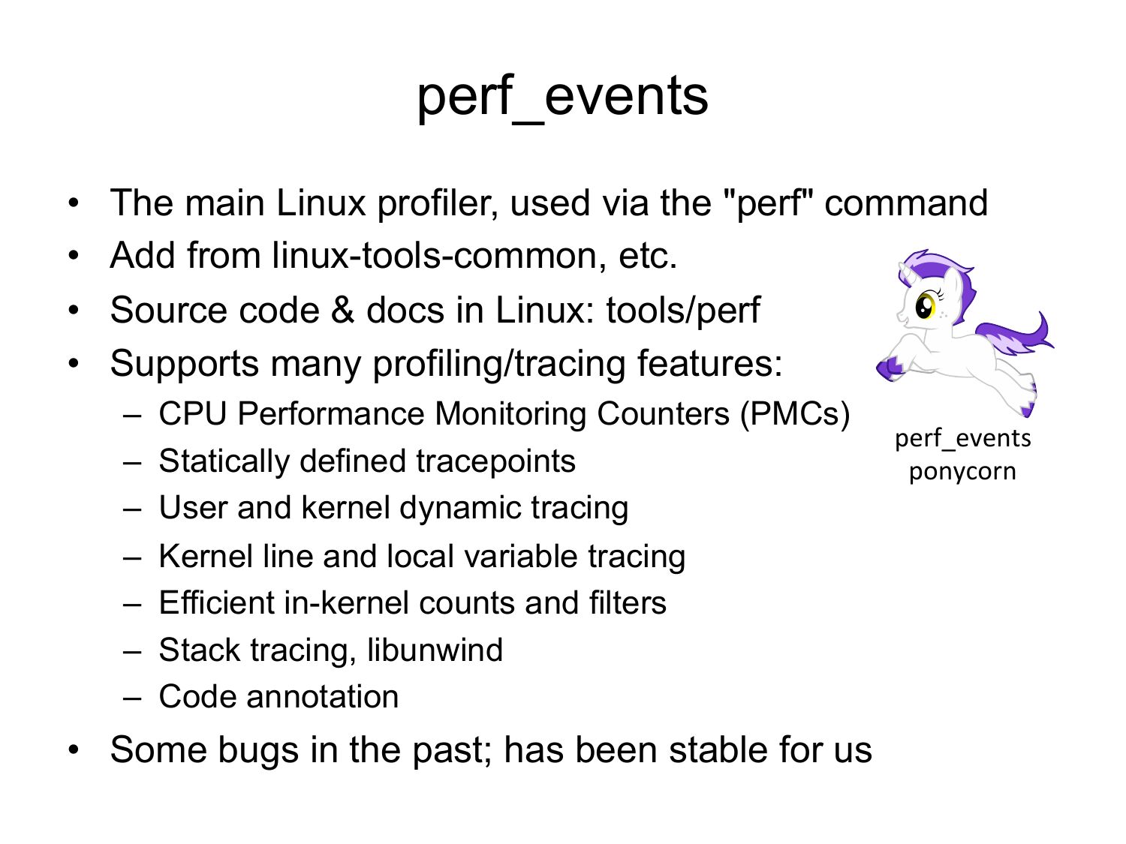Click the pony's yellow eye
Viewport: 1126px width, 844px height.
926,306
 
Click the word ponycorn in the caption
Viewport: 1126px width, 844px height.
962,471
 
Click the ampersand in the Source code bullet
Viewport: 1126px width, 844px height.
342,310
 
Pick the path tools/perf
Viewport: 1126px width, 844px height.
683,311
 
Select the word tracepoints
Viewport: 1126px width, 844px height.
495,461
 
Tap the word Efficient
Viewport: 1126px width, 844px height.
216,602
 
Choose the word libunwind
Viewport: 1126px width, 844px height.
435,650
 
